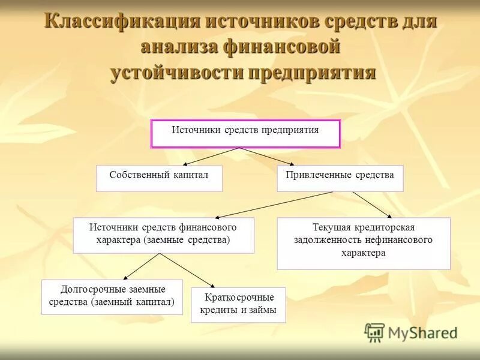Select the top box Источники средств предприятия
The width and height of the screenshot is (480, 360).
(x=245, y=133)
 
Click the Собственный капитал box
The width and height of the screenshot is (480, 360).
(x=159, y=178)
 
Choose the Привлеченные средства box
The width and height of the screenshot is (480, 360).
(x=340, y=178)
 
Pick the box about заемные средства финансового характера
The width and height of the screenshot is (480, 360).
(x=163, y=235)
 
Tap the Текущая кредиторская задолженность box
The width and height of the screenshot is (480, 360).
(x=363, y=243)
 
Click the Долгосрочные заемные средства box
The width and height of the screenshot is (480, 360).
(x=113, y=297)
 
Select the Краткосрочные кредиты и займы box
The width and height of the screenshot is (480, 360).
(x=238, y=305)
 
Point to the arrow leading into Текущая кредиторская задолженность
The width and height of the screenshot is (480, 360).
(x=372, y=205)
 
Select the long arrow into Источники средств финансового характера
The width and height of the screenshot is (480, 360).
(x=282, y=205)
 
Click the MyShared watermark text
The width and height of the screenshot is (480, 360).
(x=422, y=332)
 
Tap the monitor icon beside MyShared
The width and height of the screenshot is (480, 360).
(x=375, y=332)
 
